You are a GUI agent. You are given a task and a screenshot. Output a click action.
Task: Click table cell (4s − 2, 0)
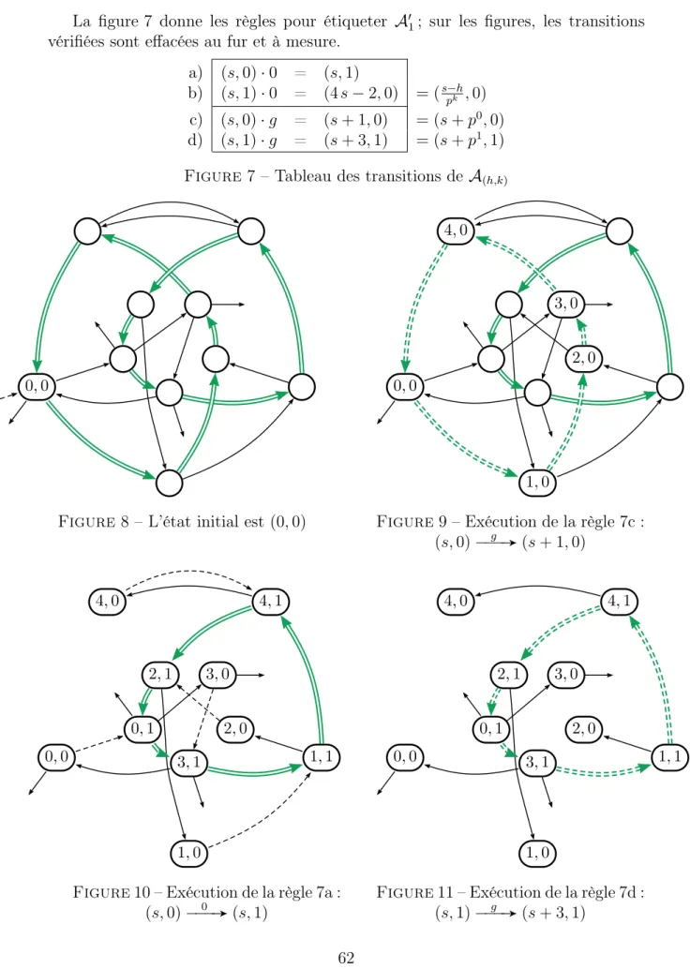tap(360, 94)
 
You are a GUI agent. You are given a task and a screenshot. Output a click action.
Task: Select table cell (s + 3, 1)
tap(355, 141)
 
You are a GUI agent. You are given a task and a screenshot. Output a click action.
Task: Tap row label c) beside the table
tap(195, 119)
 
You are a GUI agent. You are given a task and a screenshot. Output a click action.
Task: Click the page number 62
tap(346, 957)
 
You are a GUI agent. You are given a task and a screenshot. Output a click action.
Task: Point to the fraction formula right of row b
tap(451, 95)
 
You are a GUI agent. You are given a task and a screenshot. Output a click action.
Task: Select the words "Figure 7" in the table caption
tap(219, 176)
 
